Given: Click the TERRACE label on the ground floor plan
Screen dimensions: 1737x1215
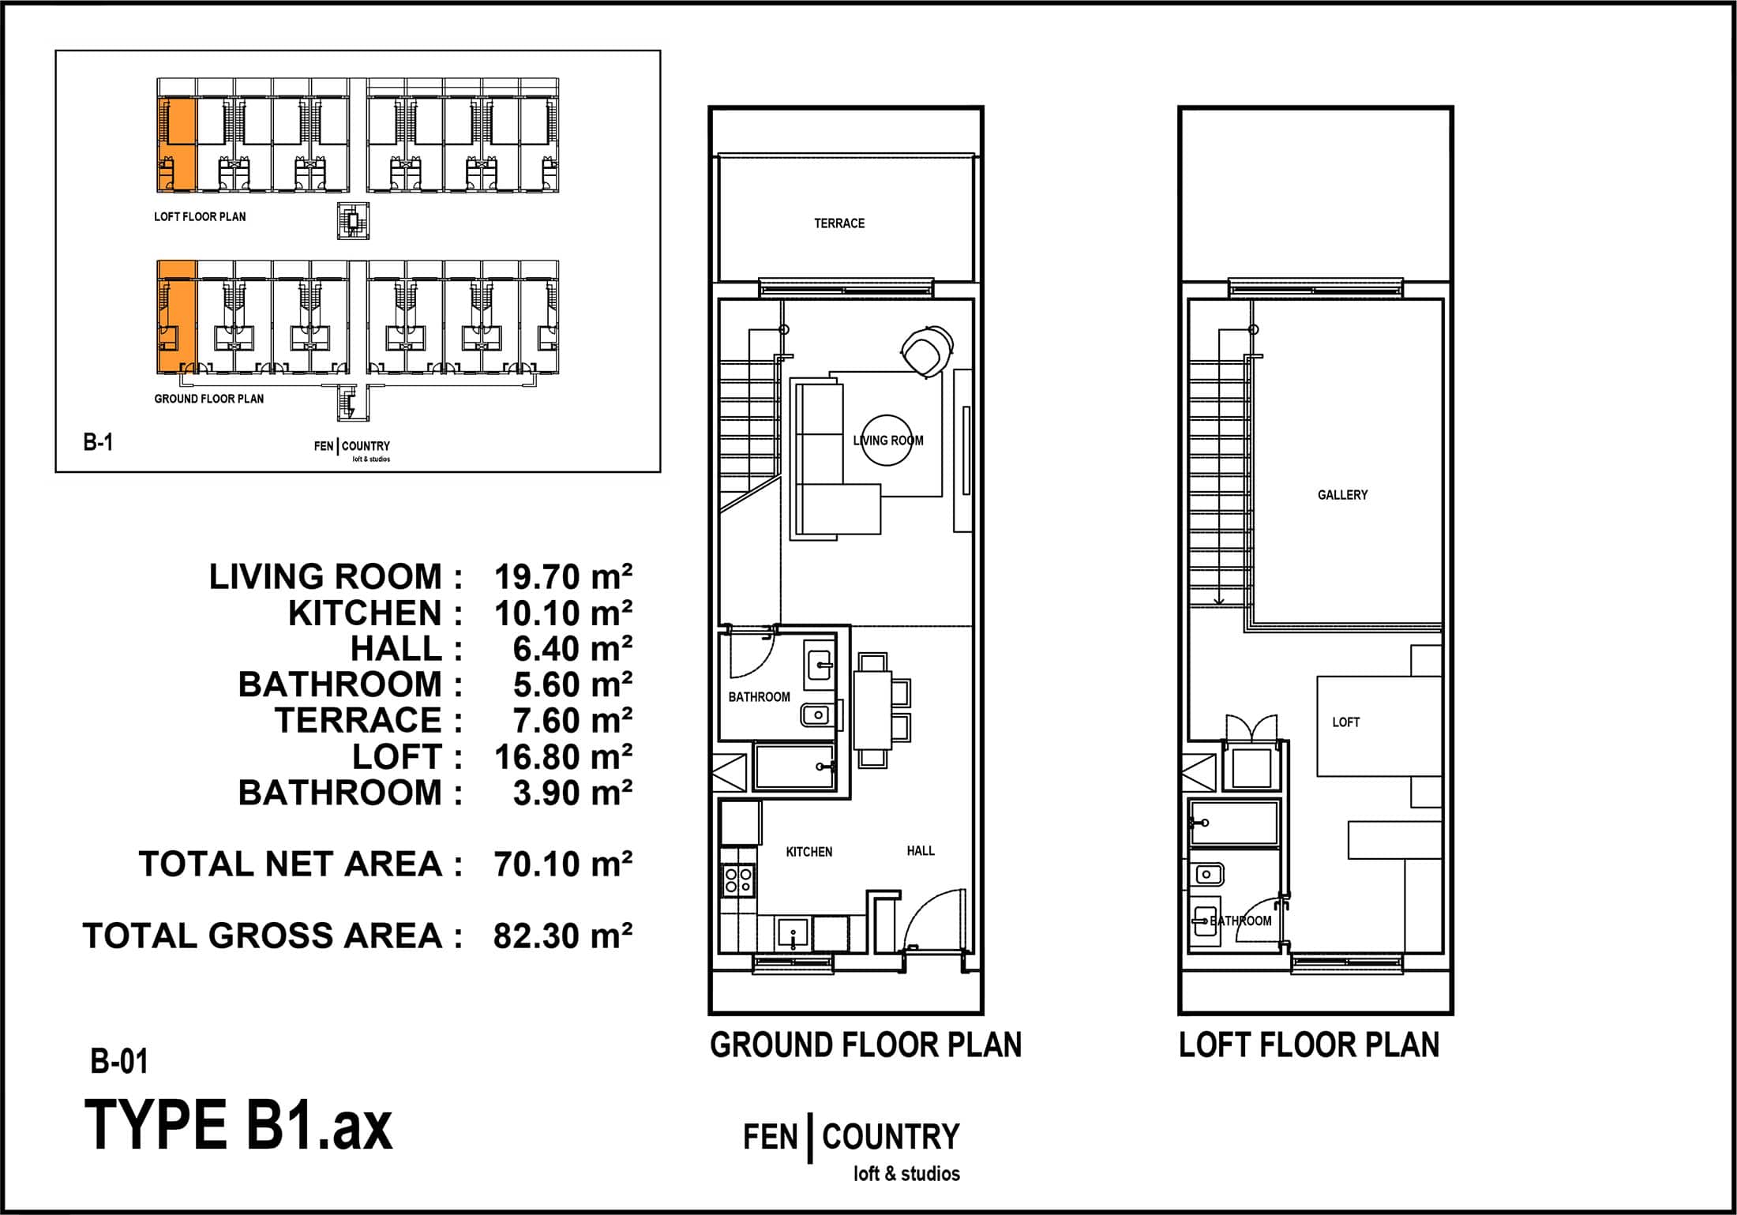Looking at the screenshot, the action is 839,223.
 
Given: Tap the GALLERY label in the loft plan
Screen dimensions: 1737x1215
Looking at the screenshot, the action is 1342,495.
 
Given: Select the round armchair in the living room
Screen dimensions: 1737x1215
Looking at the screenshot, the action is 927,351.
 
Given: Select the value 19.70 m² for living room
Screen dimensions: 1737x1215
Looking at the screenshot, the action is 563,577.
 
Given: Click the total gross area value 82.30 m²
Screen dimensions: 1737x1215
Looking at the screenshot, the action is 563,936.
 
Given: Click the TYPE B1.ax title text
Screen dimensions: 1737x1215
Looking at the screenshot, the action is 238,1126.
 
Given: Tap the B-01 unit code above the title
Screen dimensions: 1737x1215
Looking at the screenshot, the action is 119,1062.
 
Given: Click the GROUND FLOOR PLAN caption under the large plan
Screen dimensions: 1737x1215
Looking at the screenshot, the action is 865,1045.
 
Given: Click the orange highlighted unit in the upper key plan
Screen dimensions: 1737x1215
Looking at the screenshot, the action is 176,145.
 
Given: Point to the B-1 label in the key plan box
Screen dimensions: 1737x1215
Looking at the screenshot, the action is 98,442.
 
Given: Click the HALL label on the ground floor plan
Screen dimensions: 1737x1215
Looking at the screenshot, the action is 921,851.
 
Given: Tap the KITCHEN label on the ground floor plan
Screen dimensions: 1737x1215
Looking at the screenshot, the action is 809,852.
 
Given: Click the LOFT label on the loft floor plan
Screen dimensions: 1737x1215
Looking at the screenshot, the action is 1346,722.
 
